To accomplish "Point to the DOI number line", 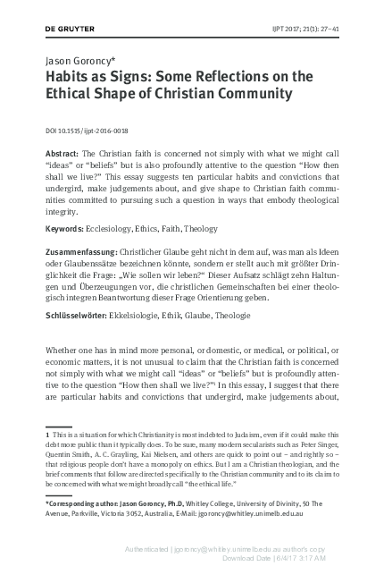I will [84, 131].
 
